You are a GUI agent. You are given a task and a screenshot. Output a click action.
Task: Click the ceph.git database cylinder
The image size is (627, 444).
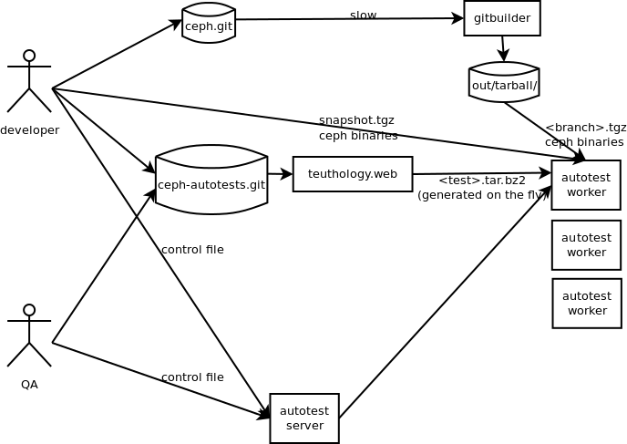[x=209, y=25]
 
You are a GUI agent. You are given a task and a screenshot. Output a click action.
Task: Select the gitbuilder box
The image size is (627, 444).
[x=502, y=18]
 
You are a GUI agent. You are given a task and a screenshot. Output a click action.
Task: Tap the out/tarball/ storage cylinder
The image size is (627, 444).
[x=504, y=84]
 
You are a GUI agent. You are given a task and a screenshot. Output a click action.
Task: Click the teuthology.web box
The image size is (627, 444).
[x=353, y=174]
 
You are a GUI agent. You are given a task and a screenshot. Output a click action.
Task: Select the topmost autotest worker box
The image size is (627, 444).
[x=586, y=185]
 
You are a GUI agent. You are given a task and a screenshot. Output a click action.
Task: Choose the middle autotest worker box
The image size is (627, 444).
[x=586, y=245]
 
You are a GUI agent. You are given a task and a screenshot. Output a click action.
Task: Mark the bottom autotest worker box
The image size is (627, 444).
[x=587, y=304]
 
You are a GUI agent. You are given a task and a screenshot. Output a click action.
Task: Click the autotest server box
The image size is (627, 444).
[x=304, y=418]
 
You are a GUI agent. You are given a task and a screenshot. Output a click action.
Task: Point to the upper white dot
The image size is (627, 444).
[x=29, y=56]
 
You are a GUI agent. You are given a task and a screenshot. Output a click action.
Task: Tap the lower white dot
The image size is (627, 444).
[x=29, y=310]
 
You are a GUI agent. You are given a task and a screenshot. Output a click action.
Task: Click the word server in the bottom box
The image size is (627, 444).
[x=304, y=426]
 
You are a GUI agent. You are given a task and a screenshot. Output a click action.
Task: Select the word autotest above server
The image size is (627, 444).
[x=304, y=411]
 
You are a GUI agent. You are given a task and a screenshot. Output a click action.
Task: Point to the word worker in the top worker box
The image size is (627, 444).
[x=586, y=192]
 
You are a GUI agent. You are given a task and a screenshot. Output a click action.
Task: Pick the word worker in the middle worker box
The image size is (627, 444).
[x=586, y=253]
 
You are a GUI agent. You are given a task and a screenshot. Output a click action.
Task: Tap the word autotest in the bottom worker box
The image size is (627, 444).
[x=587, y=296]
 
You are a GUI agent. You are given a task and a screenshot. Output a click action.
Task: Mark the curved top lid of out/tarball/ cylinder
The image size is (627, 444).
[x=504, y=68]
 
